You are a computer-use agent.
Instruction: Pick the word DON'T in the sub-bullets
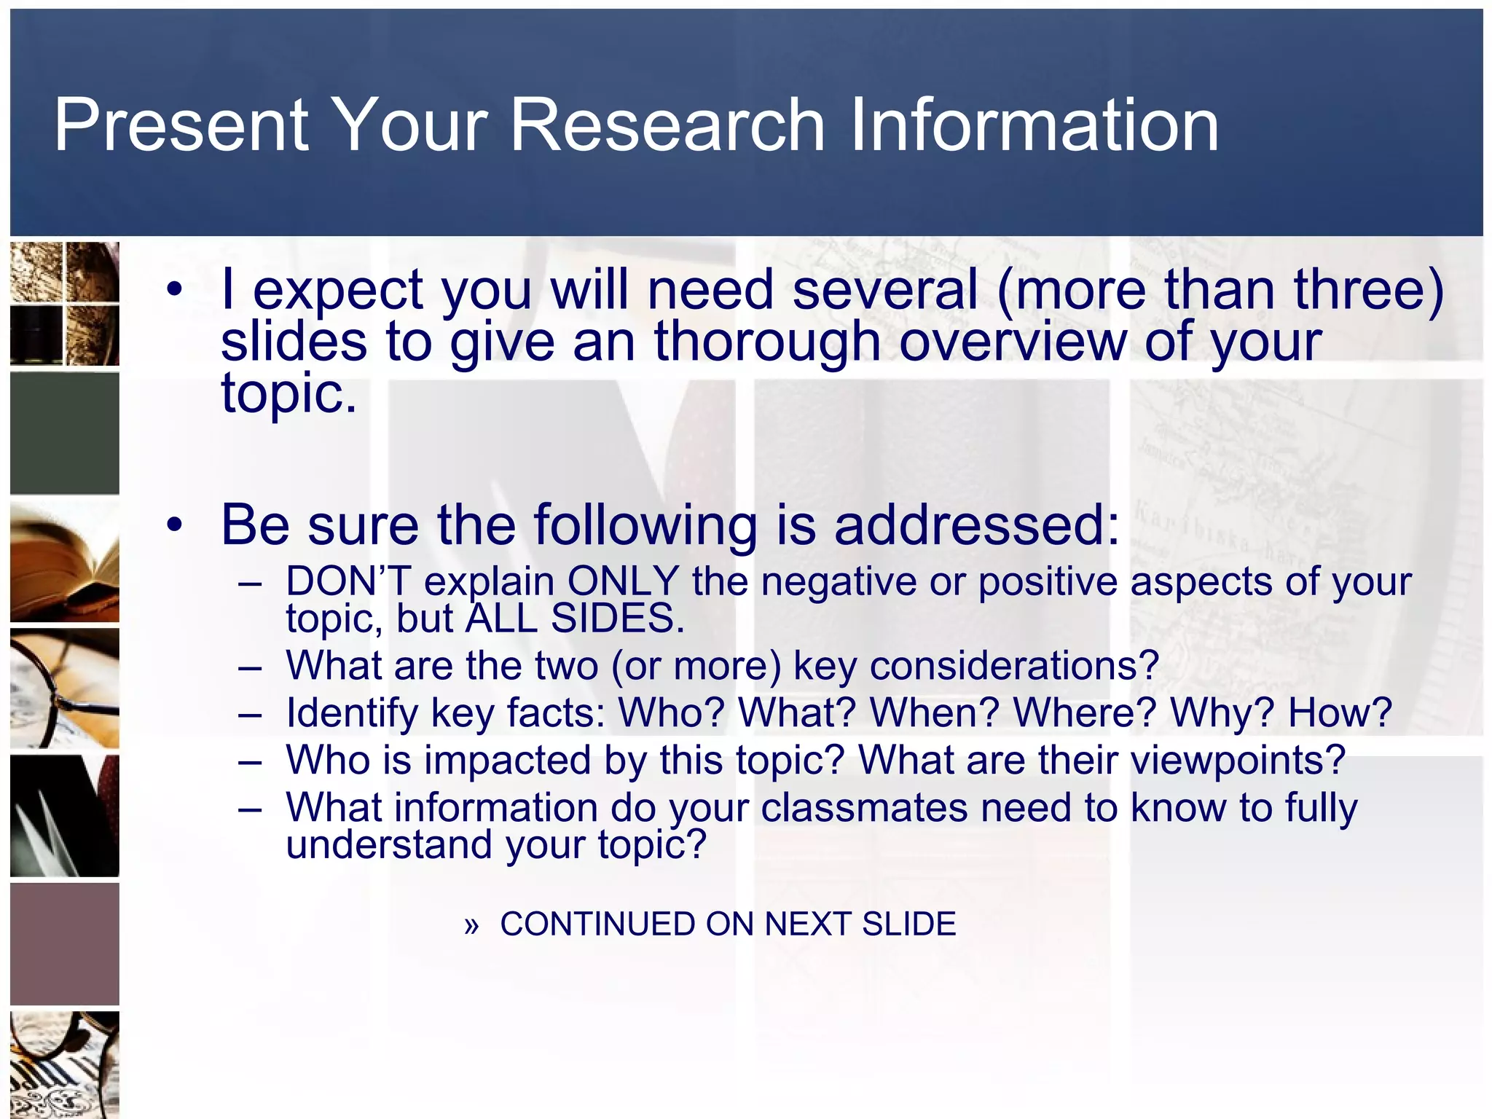[x=348, y=582]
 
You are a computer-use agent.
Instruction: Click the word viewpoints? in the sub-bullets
[x=1238, y=760]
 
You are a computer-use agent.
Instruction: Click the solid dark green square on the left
[x=65, y=433]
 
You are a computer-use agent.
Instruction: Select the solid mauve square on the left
[x=65, y=944]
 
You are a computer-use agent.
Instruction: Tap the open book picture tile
[x=65, y=561]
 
